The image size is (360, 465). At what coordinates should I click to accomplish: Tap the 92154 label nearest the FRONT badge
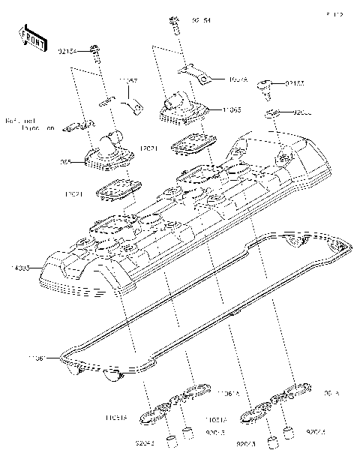pyautogui.click(x=68, y=52)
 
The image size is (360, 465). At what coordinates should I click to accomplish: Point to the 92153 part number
pyautogui.click(x=295, y=84)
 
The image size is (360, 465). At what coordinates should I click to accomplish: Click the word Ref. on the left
pyautogui.click(x=12, y=120)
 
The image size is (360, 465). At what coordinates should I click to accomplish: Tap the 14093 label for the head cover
pyautogui.click(x=22, y=267)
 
